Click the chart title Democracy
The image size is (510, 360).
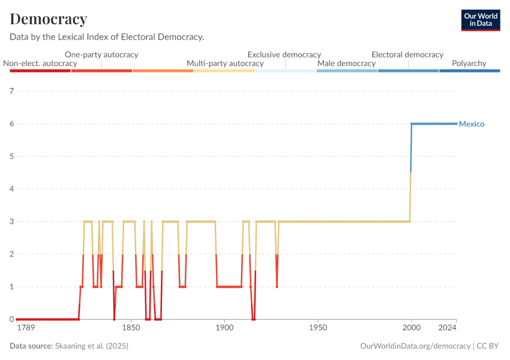pos(49,19)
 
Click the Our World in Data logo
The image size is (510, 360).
pos(481,20)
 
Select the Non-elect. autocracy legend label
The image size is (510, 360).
pos(40,64)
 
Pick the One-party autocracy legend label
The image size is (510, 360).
pos(101,55)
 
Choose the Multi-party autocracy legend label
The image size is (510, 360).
pos(225,64)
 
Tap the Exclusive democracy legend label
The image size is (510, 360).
pos(284,55)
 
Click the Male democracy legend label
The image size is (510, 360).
pos(346,64)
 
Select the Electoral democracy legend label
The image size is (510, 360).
pos(407,55)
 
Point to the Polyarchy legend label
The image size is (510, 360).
pos(469,64)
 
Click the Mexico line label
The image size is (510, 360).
pos(472,124)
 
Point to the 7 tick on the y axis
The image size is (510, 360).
pos(11,91)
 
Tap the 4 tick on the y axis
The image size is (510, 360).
pos(11,189)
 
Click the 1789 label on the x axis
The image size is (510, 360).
pos(26,329)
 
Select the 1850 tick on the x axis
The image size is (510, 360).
pos(131,329)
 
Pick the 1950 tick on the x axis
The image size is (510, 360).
pos(318,329)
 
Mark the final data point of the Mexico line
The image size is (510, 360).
pos(456,124)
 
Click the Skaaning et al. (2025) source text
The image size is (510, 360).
pos(92,346)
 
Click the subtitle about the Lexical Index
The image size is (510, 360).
pos(107,37)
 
